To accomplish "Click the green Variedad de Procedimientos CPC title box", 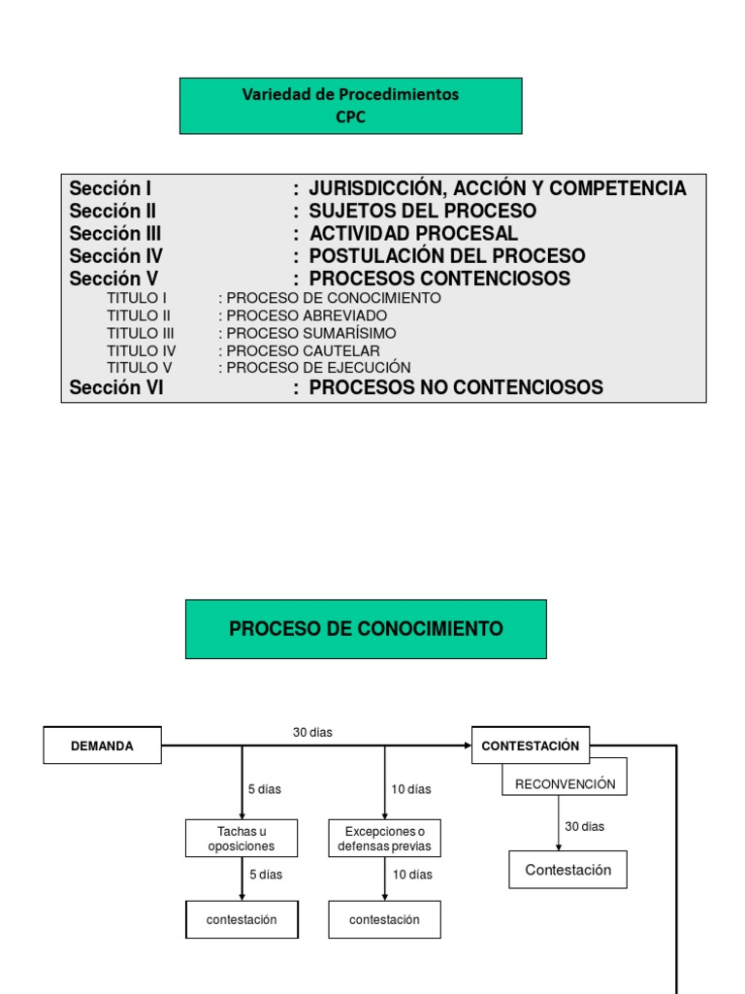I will click(350, 106).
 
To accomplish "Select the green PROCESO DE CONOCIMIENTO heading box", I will click(366, 629).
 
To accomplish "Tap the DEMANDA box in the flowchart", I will click(102, 745).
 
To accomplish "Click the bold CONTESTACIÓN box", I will click(530, 745).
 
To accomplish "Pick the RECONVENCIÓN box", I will click(565, 783).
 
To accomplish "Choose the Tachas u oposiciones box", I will click(242, 839).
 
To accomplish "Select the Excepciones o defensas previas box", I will click(384, 839).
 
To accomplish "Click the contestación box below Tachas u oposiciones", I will click(242, 919).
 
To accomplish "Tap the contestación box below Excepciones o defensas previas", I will click(384, 919).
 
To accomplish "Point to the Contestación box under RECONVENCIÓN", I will click(567, 870).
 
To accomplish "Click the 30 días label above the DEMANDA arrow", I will click(312, 733).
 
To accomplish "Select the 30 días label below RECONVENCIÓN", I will click(584, 826).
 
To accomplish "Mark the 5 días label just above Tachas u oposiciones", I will click(264, 789).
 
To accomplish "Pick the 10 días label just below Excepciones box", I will click(411, 875).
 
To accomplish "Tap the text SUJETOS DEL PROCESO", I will click(422, 211).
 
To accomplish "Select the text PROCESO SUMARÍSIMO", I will click(310, 333).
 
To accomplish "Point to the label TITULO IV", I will click(142, 350).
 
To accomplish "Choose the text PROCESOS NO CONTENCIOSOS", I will click(455, 387).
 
